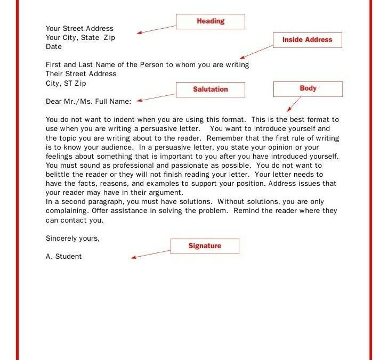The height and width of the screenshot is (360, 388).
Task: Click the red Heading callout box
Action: coord(210,21)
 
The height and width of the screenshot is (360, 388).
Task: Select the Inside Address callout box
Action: coord(307,40)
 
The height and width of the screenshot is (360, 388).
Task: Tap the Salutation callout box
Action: coord(210,89)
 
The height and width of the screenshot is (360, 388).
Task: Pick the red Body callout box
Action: coord(308,89)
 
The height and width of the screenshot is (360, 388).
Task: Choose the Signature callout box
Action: coord(205,246)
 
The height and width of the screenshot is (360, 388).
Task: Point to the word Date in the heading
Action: coord(54,47)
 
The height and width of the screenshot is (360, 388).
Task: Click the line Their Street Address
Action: coord(81,74)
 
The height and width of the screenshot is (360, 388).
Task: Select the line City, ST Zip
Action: coord(66,84)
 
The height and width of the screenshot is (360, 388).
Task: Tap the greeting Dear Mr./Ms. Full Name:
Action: coord(88,101)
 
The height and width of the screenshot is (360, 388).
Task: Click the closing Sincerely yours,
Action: coord(72,238)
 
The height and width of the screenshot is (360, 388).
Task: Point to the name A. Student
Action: coord(64,257)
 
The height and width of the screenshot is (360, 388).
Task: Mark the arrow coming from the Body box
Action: coord(293,104)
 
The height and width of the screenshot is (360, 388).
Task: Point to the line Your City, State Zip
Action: coord(80,38)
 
